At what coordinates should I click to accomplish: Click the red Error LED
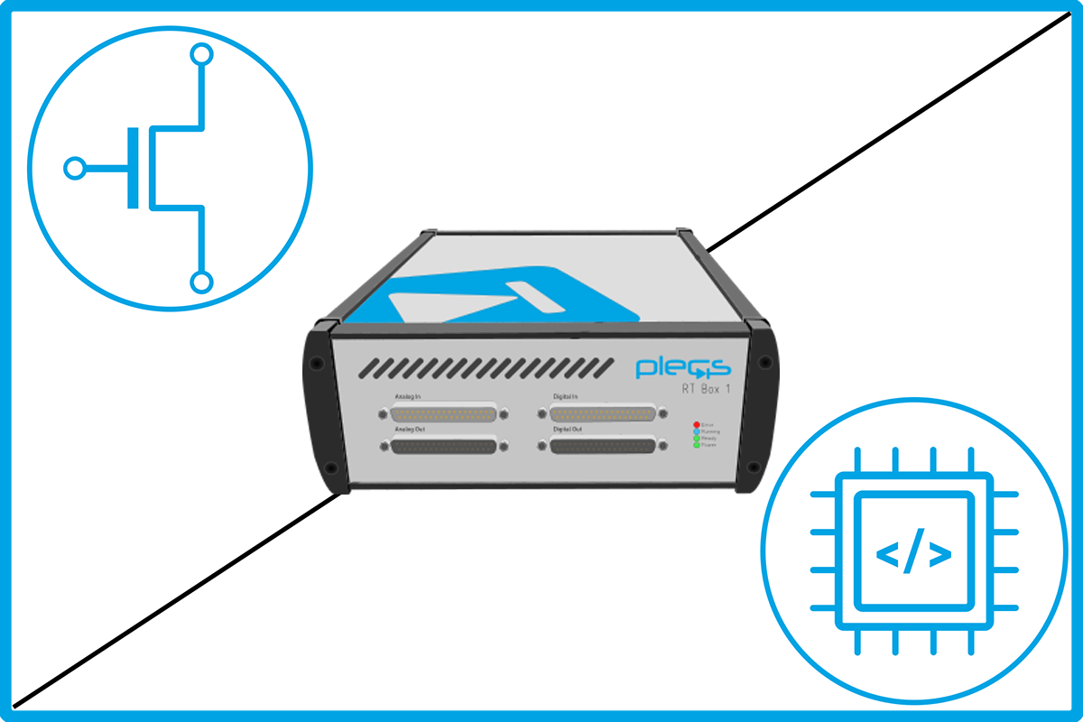click(x=696, y=423)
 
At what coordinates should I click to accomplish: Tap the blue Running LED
click(x=696, y=430)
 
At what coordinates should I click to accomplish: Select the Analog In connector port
click(x=444, y=414)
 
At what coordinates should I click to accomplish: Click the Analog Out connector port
click(x=444, y=447)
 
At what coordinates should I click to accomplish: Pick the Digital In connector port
click(x=603, y=413)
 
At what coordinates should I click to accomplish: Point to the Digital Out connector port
click(x=603, y=446)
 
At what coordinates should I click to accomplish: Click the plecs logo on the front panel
click(x=683, y=367)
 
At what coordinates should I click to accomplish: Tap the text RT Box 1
click(x=705, y=389)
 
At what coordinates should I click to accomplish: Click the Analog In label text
click(x=407, y=396)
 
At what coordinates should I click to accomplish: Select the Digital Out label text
click(x=568, y=430)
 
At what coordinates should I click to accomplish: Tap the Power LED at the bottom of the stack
click(x=696, y=445)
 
